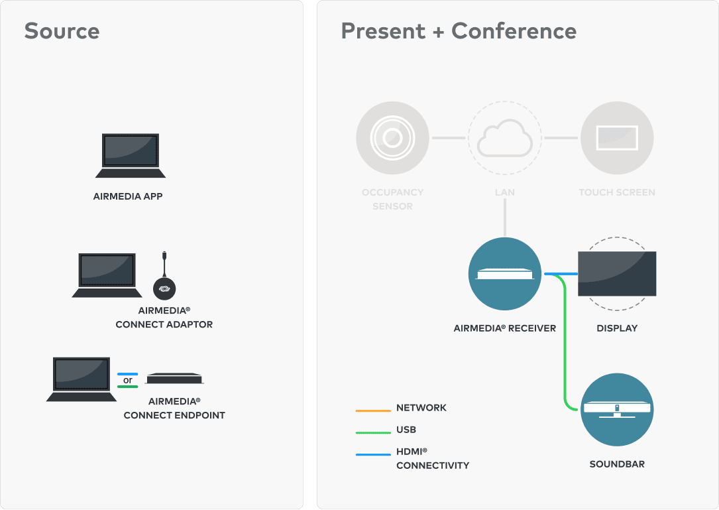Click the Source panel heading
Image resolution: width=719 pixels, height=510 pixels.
point(62,31)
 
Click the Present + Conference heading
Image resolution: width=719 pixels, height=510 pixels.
point(459,31)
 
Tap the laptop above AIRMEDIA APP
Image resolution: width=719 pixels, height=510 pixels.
point(131,156)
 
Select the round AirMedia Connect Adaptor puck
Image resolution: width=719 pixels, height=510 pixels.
point(164,288)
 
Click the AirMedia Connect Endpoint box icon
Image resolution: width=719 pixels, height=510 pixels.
point(174,378)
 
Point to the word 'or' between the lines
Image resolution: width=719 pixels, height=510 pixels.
point(127,380)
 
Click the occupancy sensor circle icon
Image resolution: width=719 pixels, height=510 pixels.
point(392,138)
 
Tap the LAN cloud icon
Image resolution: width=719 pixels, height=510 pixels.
point(505,138)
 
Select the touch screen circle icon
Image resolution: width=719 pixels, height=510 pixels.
point(617,138)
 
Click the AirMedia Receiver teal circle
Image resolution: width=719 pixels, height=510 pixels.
point(505,274)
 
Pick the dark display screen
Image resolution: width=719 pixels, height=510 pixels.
point(617,274)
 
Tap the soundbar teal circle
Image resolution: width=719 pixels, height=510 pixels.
point(617,409)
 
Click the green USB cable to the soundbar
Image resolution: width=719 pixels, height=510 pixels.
point(565,342)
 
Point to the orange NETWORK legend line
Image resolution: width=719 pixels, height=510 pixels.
point(373,411)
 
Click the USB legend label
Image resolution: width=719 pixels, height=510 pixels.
point(406,430)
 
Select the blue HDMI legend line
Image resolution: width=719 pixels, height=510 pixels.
point(373,454)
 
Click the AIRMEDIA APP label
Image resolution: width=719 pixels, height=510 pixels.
point(128,196)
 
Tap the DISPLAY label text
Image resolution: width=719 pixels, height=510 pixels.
point(617,328)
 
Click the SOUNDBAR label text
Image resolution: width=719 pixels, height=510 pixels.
point(617,464)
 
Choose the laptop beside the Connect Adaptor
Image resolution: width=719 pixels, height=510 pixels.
point(107,275)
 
